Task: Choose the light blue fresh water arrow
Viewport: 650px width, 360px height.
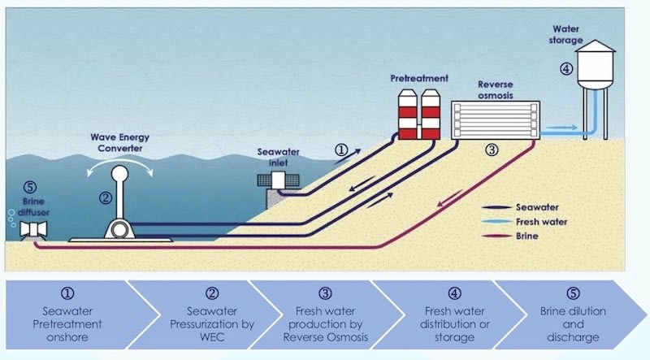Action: pos(561,128)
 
